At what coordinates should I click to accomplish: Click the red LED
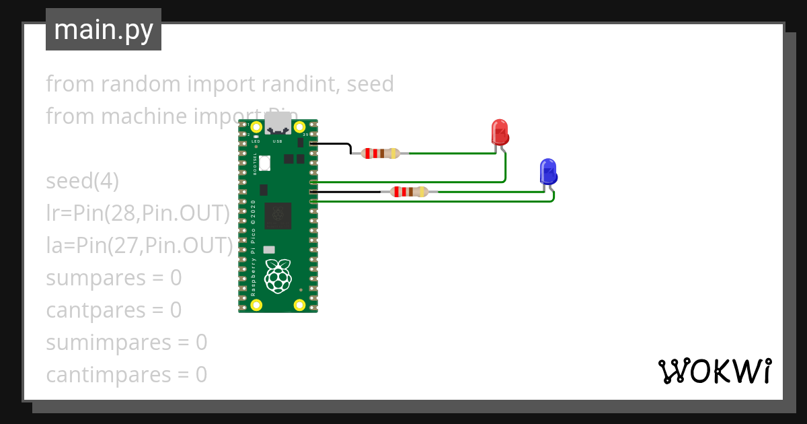[x=500, y=132]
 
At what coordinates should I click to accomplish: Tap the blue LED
[x=548, y=172]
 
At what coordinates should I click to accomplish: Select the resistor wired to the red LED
[x=381, y=153]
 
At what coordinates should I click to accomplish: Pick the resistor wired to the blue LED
[x=410, y=192]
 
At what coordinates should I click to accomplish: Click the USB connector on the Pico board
[x=278, y=124]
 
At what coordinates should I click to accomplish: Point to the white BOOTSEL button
[x=265, y=163]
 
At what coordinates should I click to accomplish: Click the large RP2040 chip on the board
[x=278, y=215]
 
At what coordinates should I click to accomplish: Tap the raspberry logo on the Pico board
[x=278, y=276]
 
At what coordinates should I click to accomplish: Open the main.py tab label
[x=104, y=30]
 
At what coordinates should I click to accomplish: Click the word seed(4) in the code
[x=82, y=181]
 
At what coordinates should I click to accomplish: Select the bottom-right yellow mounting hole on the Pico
[x=300, y=305]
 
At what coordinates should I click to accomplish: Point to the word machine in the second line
[x=141, y=116]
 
